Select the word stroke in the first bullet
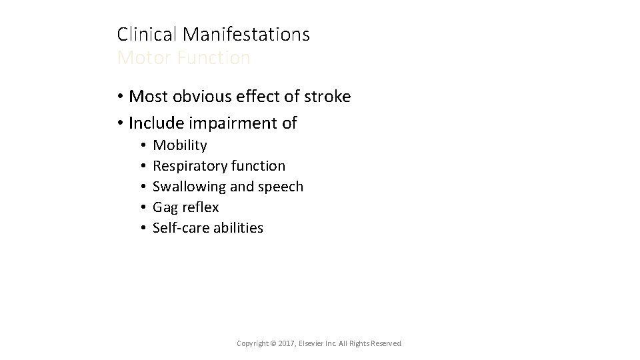328,97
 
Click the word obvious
198,97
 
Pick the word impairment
232,123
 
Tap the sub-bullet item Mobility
180,145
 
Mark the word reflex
200,207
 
